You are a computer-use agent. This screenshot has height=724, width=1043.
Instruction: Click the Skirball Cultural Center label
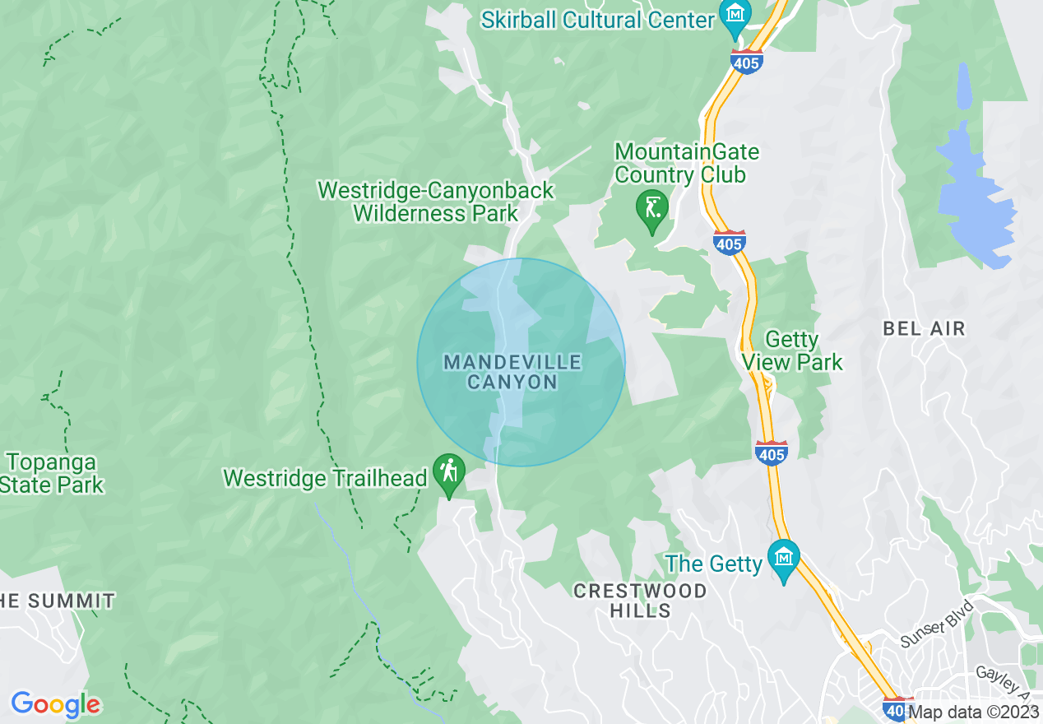click(597, 19)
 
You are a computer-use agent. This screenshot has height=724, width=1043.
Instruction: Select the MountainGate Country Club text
click(687, 164)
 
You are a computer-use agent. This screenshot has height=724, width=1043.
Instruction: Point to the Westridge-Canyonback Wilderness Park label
click(436, 202)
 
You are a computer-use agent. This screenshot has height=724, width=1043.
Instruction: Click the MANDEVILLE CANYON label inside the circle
click(512, 372)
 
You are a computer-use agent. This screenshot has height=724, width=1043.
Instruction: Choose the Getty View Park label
click(792, 351)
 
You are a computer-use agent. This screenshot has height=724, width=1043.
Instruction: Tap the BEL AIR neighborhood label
click(924, 329)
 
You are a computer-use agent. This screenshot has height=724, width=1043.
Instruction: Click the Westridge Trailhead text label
click(325, 478)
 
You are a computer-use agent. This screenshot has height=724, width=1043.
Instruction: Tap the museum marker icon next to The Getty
click(783, 557)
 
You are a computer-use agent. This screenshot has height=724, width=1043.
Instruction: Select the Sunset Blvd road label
click(936, 625)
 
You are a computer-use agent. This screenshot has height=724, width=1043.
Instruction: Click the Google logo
click(55, 704)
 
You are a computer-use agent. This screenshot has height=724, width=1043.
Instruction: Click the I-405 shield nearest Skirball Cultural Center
click(746, 61)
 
